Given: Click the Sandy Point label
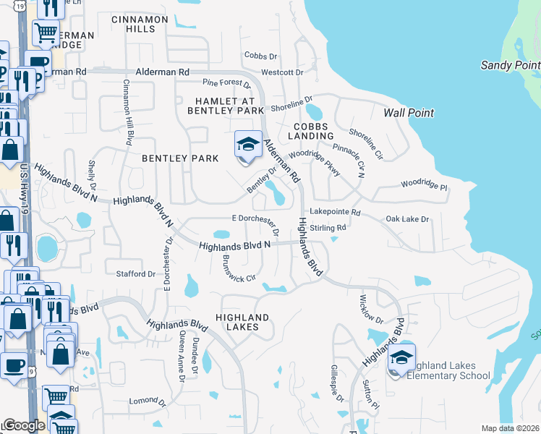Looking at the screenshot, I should coord(510,65).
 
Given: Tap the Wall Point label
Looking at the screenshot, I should coord(409,113).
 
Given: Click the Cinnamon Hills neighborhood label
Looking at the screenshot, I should coord(140,24).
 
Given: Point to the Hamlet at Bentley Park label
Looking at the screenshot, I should coord(226,106).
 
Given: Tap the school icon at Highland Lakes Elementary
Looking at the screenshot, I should coord(401,359).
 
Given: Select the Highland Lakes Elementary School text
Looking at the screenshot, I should coord(448,370).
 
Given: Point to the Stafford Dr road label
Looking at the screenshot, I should coord(136,274).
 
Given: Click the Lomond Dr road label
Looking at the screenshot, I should coord(142,400).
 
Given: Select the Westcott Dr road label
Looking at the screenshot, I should coord(282,72).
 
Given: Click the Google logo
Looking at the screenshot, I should coord(24,425).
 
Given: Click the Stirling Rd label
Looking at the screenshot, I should coord(328,228).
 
